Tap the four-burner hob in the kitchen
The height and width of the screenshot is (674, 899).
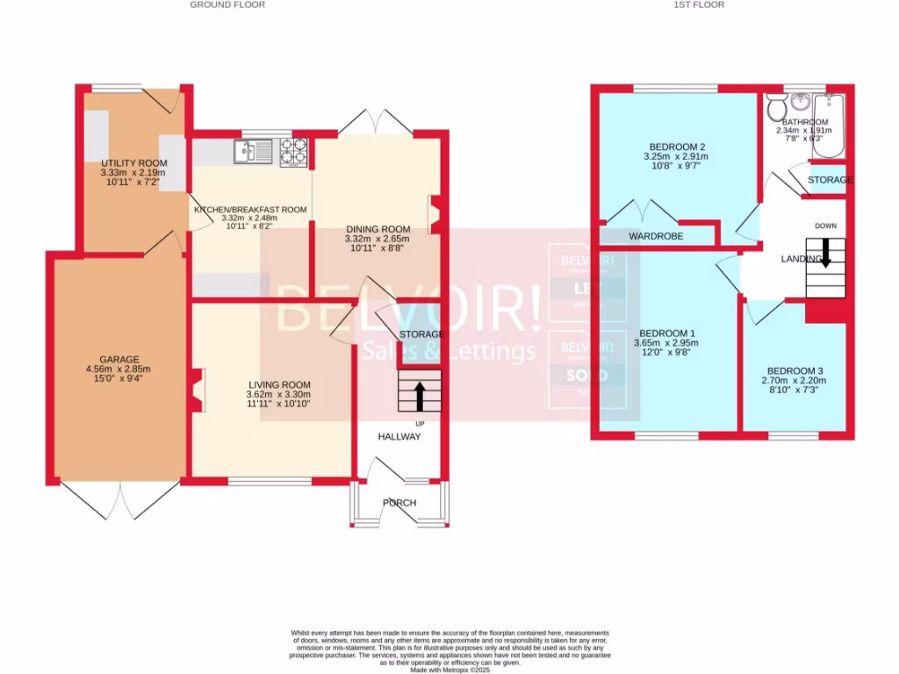click(x=294, y=153)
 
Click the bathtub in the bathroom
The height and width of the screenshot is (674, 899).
click(x=828, y=126)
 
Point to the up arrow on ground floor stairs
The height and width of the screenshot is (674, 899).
click(x=419, y=394)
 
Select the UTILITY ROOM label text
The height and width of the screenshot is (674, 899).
click(x=133, y=163)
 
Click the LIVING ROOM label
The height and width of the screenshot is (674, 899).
click(x=279, y=384)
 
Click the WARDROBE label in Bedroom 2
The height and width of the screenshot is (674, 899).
click(x=655, y=236)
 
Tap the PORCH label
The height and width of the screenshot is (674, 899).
click(x=399, y=503)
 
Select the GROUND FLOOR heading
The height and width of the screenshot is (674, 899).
click(x=227, y=5)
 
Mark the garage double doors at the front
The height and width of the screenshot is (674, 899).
click(x=120, y=500)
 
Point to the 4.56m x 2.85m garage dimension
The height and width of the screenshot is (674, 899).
click(x=119, y=369)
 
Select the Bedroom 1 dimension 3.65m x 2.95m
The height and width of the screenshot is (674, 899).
click(x=667, y=344)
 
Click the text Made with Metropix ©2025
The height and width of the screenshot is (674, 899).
click(x=449, y=669)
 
